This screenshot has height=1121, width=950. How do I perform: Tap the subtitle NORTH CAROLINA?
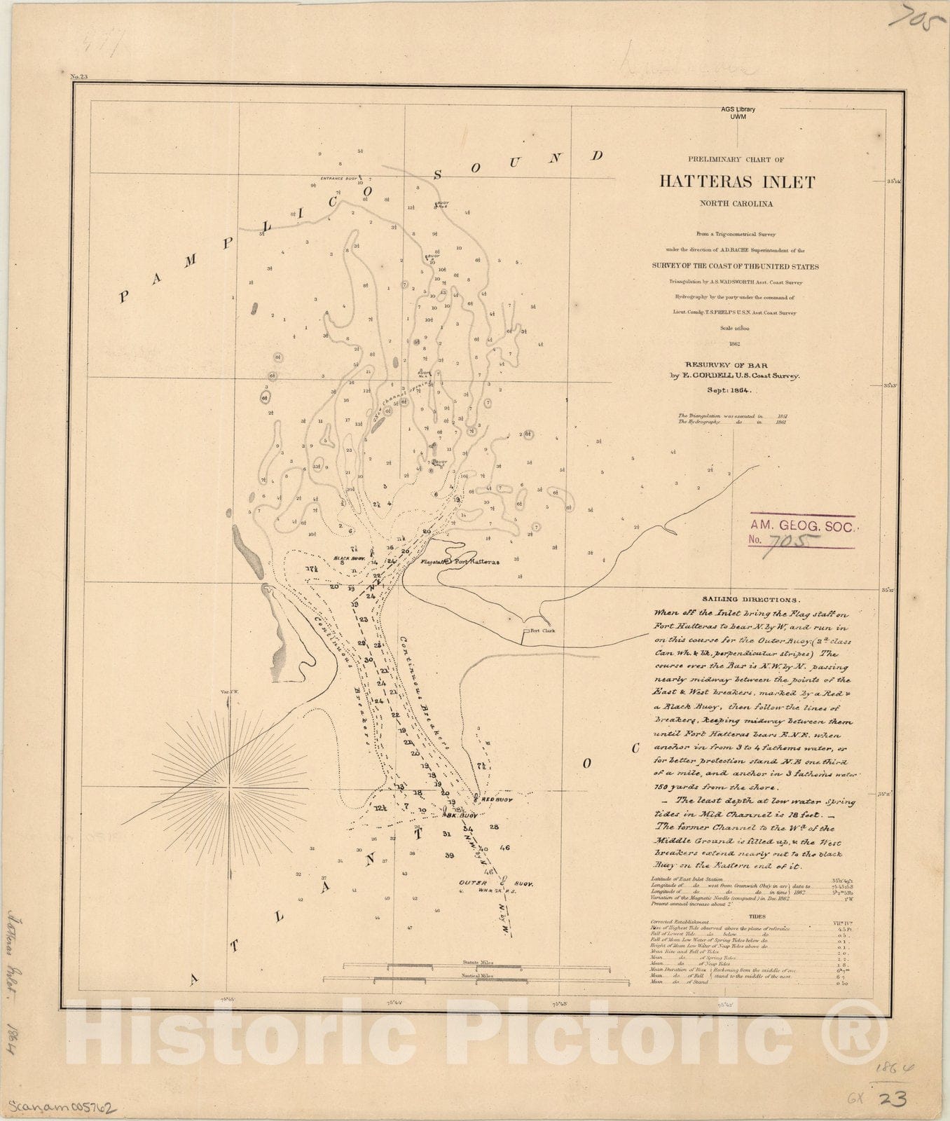tap(736, 205)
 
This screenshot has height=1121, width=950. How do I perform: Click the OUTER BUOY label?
tap(497, 884)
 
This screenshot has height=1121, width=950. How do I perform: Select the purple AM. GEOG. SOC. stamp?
tap(801, 532)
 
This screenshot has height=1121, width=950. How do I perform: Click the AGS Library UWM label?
tap(738, 113)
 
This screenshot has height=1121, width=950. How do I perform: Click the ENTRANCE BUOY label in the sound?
tap(340, 178)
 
